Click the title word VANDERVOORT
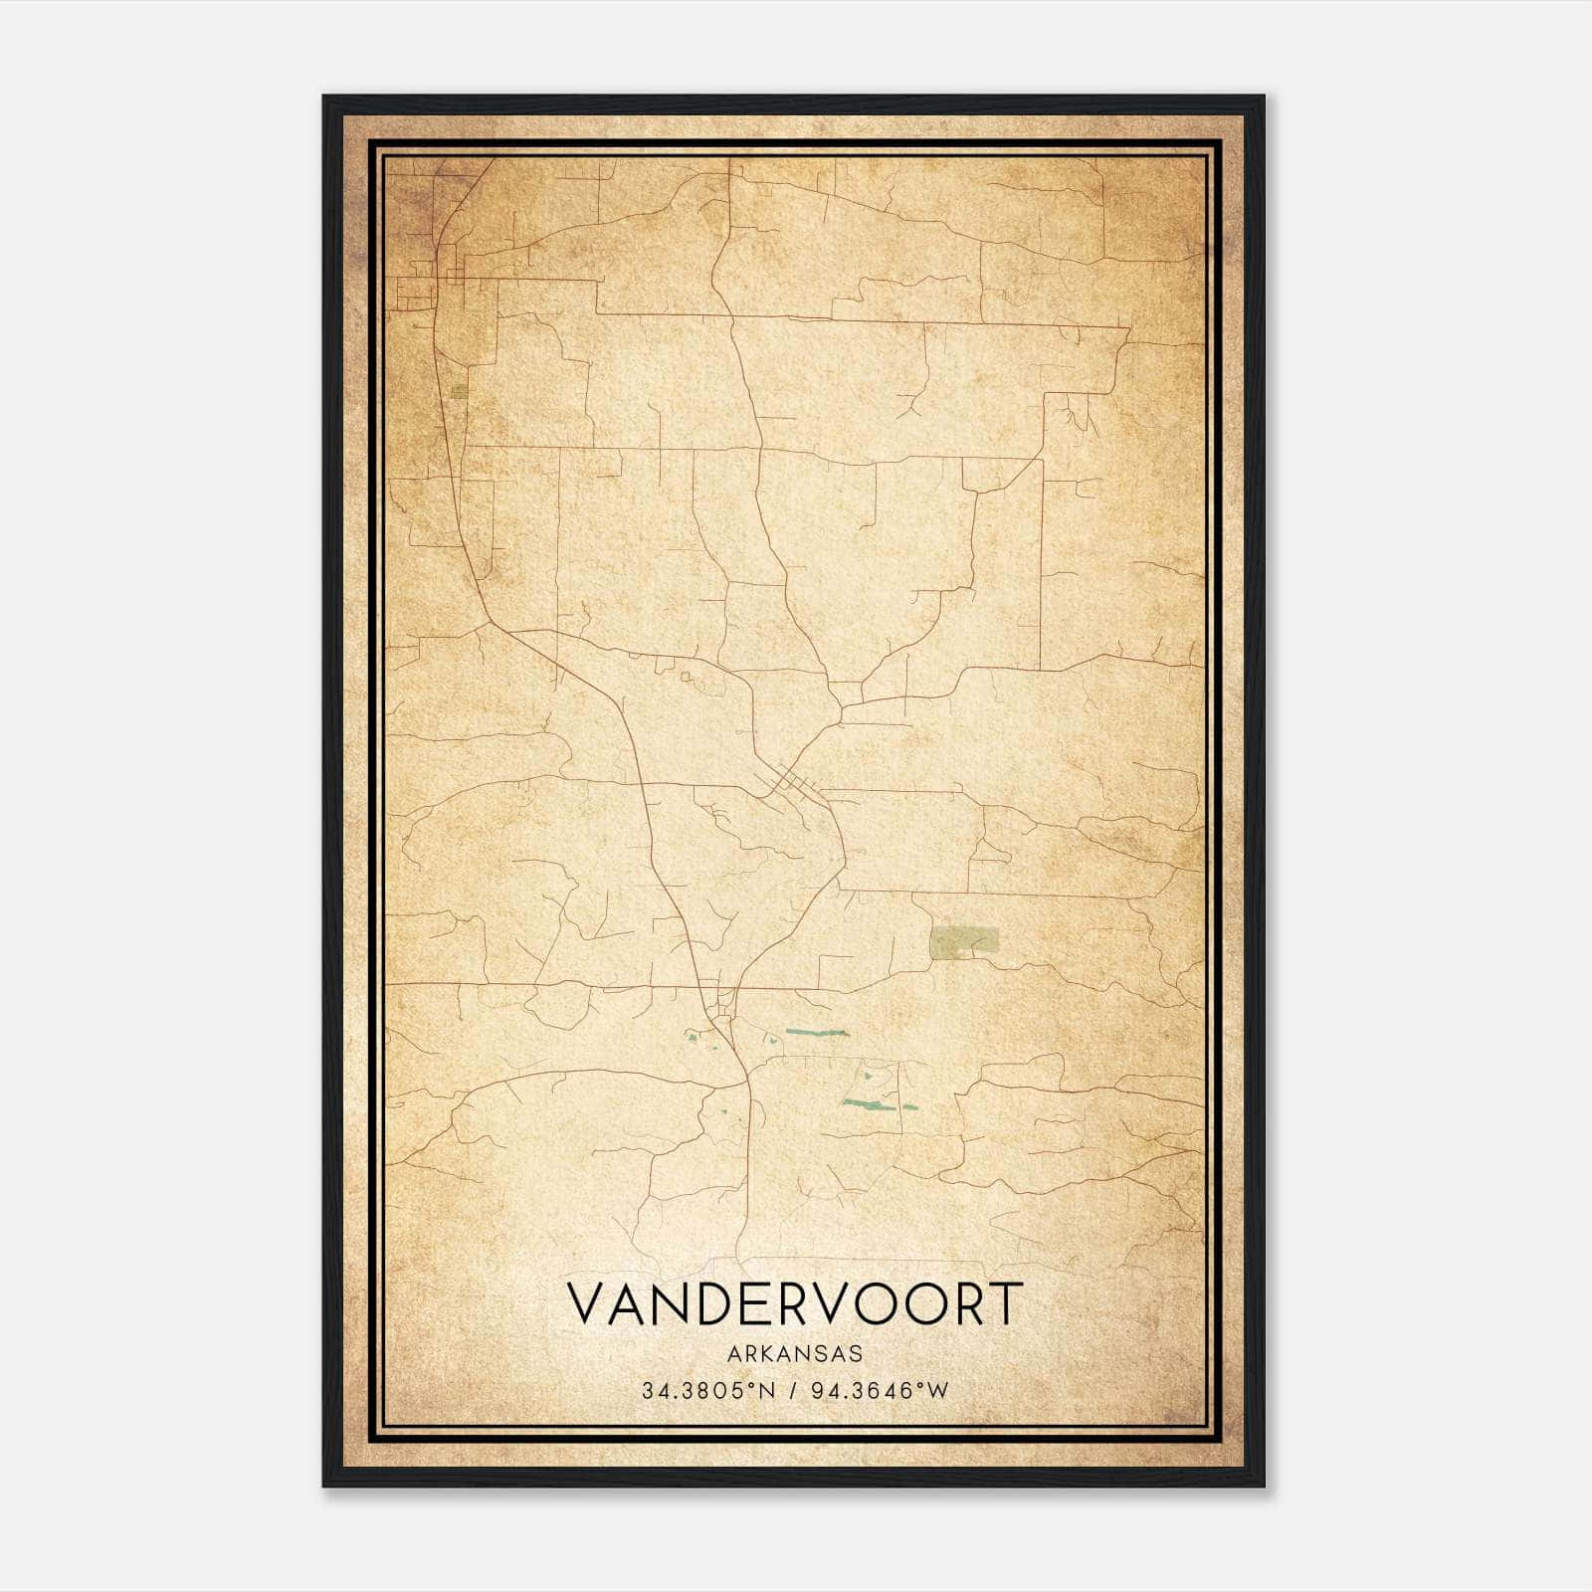click(x=794, y=1303)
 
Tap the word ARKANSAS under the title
click(x=794, y=1354)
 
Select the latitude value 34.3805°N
click(x=705, y=1391)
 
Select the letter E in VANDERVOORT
click(x=767, y=1303)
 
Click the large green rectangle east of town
click(x=963, y=940)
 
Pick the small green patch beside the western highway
click(x=459, y=391)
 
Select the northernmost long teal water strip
click(x=816, y=1033)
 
